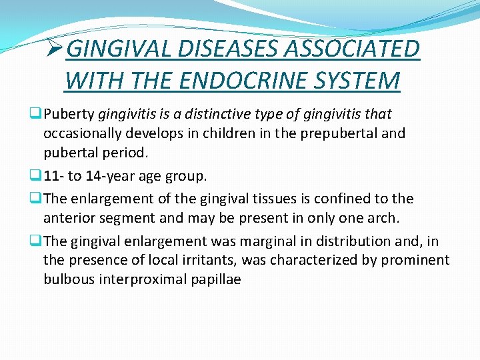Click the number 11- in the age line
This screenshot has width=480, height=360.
tap(55, 177)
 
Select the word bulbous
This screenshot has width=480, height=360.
tap(69, 279)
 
